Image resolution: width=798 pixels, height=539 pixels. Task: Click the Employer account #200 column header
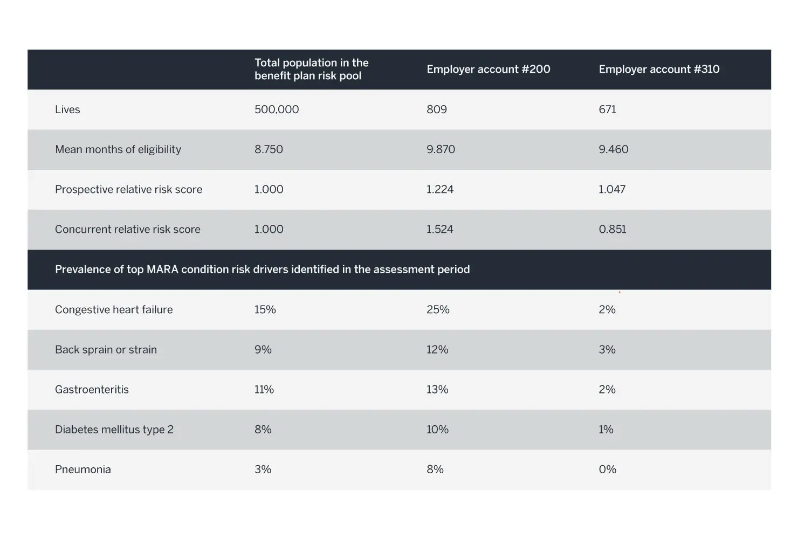click(489, 69)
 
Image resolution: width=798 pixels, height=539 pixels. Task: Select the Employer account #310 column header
click(659, 69)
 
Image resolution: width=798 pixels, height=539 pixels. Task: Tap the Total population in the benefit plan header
click(311, 69)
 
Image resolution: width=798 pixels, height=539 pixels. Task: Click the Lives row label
click(67, 109)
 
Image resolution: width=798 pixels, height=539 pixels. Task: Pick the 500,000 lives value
click(277, 109)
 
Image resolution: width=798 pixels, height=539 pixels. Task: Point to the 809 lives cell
click(436, 109)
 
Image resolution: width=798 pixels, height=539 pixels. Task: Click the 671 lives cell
click(607, 109)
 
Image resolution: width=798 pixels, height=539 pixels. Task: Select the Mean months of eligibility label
click(118, 149)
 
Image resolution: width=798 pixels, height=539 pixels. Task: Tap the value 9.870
click(441, 149)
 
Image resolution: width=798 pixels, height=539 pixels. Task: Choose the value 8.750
click(269, 149)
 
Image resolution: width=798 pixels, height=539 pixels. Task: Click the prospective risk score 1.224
click(440, 189)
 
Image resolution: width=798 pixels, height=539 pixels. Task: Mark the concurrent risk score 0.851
click(613, 229)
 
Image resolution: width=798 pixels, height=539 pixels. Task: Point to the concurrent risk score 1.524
click(440, 229)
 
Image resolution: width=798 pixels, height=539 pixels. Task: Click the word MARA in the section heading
click(162, 269)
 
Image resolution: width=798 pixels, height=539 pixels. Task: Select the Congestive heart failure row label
click(114, 310)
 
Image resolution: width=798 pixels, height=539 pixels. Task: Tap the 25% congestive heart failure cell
click(438, 310)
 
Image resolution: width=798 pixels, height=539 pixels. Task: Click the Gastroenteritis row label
click(92, 390)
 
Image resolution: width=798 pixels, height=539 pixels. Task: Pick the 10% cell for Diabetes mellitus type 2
click(437, 430)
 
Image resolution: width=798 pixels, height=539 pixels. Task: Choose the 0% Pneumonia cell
click(608, 469)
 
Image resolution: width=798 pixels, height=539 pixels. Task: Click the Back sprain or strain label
click(106, 350)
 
